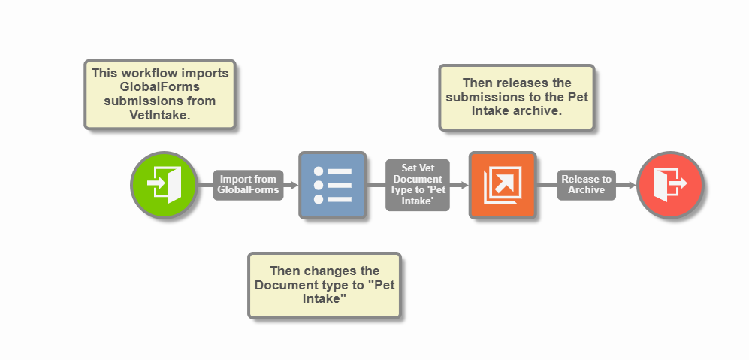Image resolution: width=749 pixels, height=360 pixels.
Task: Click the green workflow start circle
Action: click(x=164, y=185)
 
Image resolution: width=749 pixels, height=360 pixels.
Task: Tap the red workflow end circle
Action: click(x=669, y=185)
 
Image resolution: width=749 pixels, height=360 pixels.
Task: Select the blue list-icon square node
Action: click(x=332, y=185)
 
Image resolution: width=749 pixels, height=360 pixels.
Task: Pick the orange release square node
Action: click(x=502, y=185)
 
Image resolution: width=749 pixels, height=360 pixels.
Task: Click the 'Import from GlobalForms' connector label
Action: click(x=247, y=185)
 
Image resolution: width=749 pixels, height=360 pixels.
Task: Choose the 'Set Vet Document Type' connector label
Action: click(x=417, y=185)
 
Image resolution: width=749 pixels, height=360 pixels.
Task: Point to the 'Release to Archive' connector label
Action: click(x=586, y=185)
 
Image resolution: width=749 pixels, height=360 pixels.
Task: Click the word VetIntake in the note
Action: click(x=160, y=114)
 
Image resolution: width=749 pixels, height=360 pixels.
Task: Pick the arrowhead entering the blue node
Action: click(x=294, y=185)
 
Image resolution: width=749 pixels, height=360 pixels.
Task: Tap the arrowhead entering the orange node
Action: click(x=464, y=185)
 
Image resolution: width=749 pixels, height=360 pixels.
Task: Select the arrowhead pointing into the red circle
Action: click(x=632, y=185)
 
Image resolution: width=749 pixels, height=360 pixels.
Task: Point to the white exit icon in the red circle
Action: click(x=669, y=185)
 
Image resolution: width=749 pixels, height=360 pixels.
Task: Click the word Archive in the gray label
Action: click(x=586, y=190)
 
